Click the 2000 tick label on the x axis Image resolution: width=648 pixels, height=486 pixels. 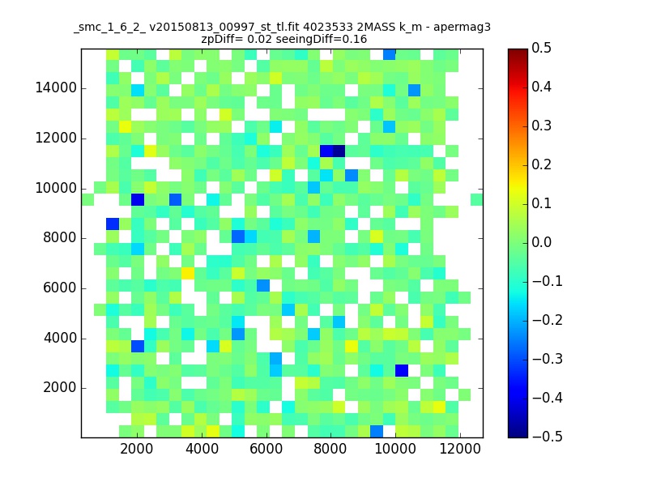[x=136, y=449]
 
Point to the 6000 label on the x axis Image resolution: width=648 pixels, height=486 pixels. [x=266, y=449]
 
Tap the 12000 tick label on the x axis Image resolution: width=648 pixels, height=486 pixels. [x=459, y=449]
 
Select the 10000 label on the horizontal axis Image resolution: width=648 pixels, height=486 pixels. [x=395, y=449]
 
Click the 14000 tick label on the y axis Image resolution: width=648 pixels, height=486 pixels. [x=56, y=88]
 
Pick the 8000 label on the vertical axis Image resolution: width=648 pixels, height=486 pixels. [x=60, y=238]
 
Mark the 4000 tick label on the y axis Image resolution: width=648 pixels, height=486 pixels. [x=60, y=339]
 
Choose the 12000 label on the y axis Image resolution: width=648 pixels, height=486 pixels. [x=56, y=138]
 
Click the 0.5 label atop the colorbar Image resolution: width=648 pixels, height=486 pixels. [x=541, y=49]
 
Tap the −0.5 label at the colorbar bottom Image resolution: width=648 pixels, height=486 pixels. [x=548, y=437]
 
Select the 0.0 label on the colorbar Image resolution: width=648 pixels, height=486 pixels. [x=541, y=242]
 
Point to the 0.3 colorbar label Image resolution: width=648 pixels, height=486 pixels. [x=541, y=126]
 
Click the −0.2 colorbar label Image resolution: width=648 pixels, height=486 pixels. [x=548, y=320]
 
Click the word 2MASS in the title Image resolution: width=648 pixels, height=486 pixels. [x=376, y=28]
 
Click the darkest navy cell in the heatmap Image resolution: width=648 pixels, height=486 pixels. [x=339, y=151]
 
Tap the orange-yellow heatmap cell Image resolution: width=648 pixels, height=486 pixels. [x=188, y=273]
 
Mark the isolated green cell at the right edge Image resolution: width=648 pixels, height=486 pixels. [x=476, y=200]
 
